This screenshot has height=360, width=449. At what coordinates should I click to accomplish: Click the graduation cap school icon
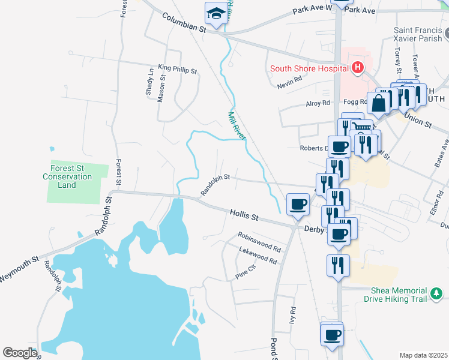(214, 13)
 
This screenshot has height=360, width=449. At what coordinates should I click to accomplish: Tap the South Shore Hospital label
(309, 68)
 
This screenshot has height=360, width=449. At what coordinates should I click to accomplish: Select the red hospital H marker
(358, 67)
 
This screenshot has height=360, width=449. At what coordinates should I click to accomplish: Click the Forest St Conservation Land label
(67, 177)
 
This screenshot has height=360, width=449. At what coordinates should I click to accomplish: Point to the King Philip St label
(177, 70)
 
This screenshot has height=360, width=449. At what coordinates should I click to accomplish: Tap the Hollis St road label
(244, 214)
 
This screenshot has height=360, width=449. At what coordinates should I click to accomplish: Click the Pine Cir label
(246, 275)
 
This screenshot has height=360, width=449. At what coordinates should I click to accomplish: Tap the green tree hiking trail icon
(438, 293)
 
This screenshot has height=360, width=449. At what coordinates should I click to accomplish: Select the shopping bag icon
(379, 103)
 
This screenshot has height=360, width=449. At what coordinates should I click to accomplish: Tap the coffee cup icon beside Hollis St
(298, 205)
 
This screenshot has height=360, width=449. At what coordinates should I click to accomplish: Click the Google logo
(20, 352)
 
